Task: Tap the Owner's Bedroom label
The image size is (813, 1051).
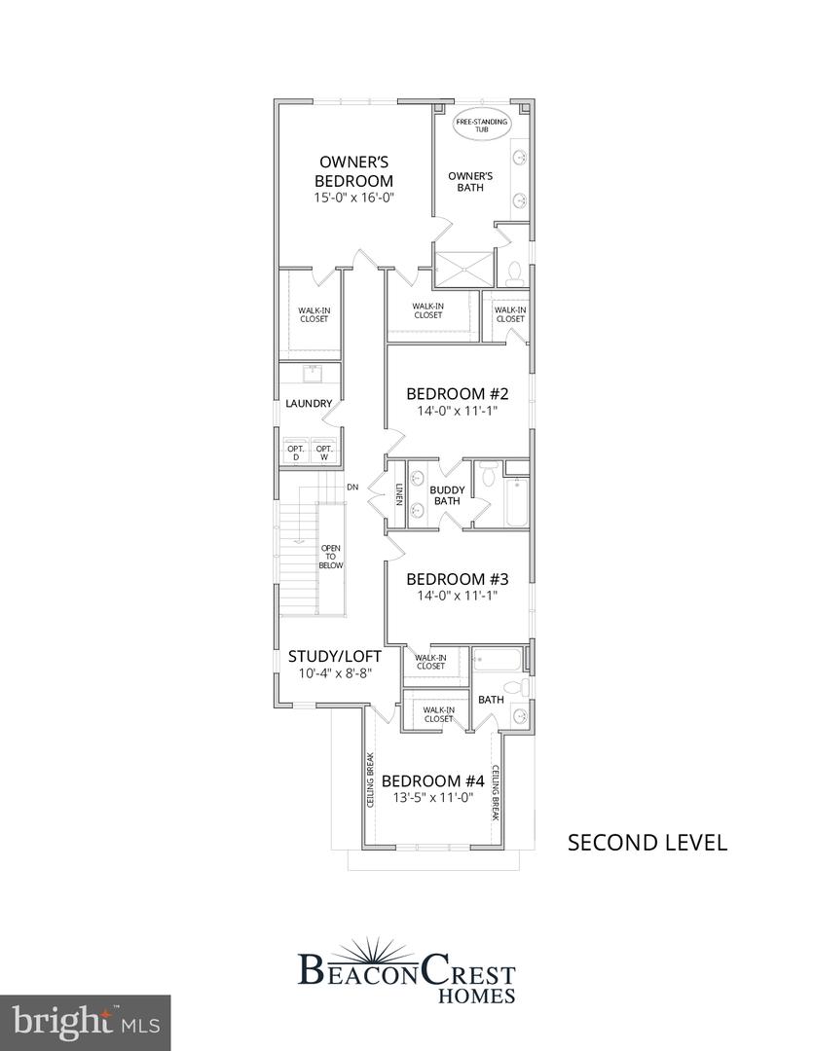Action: tap(353, 171)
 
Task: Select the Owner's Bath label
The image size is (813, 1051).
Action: tap(470, 181)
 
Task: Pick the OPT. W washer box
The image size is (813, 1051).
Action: tap(324, 453)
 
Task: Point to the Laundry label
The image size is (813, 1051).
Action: tap(309, 404)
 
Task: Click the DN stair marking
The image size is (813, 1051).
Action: tap(352, 486)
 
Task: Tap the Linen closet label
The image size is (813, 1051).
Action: tap(399, 495)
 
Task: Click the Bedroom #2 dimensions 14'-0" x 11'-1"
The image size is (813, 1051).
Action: tap(459, 412)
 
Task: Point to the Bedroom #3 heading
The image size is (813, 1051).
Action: tap(459, 577)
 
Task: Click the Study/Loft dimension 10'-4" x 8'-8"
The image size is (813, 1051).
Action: tap(334, 673)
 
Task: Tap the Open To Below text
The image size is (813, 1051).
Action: tap(331, 557)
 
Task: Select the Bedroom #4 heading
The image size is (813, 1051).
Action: tap(433, 780)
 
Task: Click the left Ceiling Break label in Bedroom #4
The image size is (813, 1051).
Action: tap(372, 783)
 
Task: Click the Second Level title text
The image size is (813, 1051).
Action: tap(647, 843)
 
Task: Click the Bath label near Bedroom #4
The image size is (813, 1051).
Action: tap(490, 699)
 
